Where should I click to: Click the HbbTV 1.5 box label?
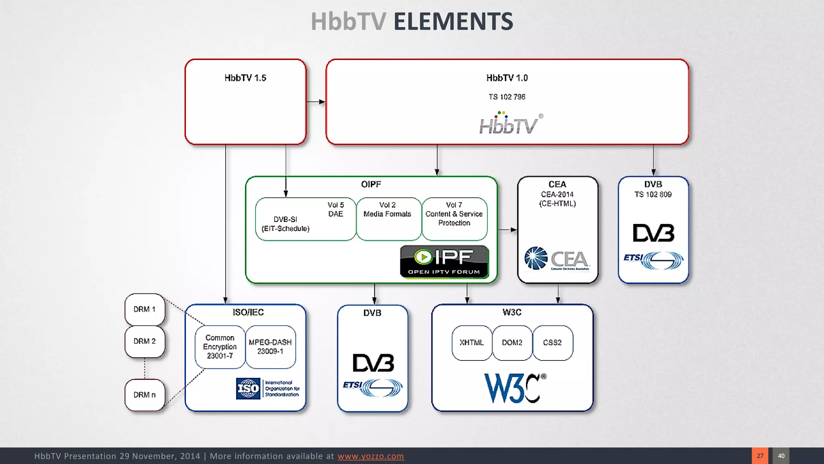click(x=245, y=78)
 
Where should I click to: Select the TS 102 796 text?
click(x=507, y=97)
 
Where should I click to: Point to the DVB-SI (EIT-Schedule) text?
click(x=286, y=224)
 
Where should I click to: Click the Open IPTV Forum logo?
click(x=444, y=262)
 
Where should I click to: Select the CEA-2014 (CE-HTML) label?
click(x=557, y=199)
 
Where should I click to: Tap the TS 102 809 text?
click(x=653, y=195)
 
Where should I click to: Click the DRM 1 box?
click(x=144, y=309)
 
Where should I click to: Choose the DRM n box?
click(x=144, y=395)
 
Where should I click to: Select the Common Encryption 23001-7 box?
click(x=220, y=347)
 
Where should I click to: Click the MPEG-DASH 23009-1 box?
click(x=270, y=347)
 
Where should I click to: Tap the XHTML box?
click(x=472, y=343)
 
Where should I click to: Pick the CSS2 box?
click(x=552, y=343)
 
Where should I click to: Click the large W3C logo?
click(x=515, y=388)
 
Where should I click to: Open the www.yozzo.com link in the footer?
click(x=371, y=456)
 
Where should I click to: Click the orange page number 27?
click(x=760, y=456)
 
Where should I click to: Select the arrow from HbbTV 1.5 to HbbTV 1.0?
click(x=316, y=102)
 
